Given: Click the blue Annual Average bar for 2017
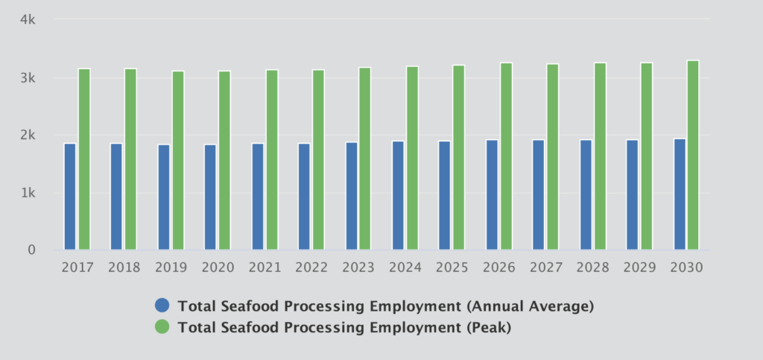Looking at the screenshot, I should pyautogui.click(x=70, y=196).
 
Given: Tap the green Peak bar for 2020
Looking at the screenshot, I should pyautogui.click(x=224, y=160).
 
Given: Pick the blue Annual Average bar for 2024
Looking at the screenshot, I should pyautogui.click(x=398, y=195).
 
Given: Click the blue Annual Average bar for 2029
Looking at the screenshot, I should pyautogui.click(x=632, y=195).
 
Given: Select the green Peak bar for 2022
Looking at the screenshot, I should pyautogui.click(x=318, y=160).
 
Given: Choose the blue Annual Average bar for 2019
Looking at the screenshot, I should pyautogui.click(x=164, y=197).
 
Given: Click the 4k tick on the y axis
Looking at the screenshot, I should pyautogui.click(x=28, y=20).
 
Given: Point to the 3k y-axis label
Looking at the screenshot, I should pyautogui.click(x=28, y=78).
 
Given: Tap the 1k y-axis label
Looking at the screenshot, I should pyautogui.click(x=28, y=193).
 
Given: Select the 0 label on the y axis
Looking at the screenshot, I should pyautogui.click(x=31, y=250).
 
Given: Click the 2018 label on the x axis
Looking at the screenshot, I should pyautogui.click(x=124, y=267).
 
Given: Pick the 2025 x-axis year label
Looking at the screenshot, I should pyautogui.click(x=452, y=267).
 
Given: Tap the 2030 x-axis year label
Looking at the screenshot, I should pyautogui.click(x=686, y=267).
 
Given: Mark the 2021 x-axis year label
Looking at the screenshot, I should pyautogui.click(x=265, y=267).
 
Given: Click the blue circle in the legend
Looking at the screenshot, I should pyautogui.click(x=162, y=306).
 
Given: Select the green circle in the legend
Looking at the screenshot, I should pyautogui.click(x=162, y=326).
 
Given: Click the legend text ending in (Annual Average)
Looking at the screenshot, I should pyautogui.click(x=386, y=306).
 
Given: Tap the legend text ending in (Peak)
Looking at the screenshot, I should pyautogui.click(x=344, y=326).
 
